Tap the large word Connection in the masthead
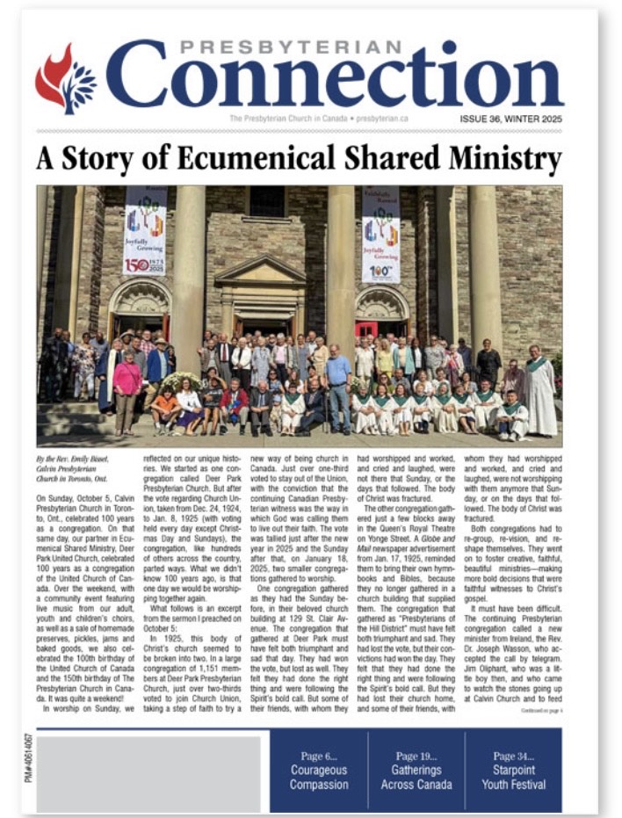click(334, 79)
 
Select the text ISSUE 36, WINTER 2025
click(510, 119)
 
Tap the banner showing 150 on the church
click(144, 230)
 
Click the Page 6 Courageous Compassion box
click(318, 770)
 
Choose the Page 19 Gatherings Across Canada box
click(416, 770)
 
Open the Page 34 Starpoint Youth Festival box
click(513, 770)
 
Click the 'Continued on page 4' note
click(539, 709)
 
